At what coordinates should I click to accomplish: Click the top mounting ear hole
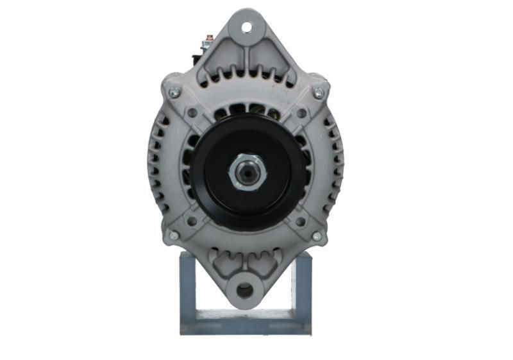point(246,28)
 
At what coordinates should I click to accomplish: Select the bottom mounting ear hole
point(245,291)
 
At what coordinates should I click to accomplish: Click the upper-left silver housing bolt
point(173,94)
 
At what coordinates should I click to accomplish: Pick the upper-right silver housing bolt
point(318,94)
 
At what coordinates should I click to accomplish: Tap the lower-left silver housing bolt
point(173,236)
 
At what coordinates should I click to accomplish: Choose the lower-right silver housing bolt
point(316,236)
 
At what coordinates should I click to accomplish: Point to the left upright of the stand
point(187,289)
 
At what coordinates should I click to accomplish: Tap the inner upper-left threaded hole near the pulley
point(192,113)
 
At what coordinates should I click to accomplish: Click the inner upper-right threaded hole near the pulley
point(301,114)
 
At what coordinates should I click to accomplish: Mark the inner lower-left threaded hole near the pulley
point(191,221)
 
